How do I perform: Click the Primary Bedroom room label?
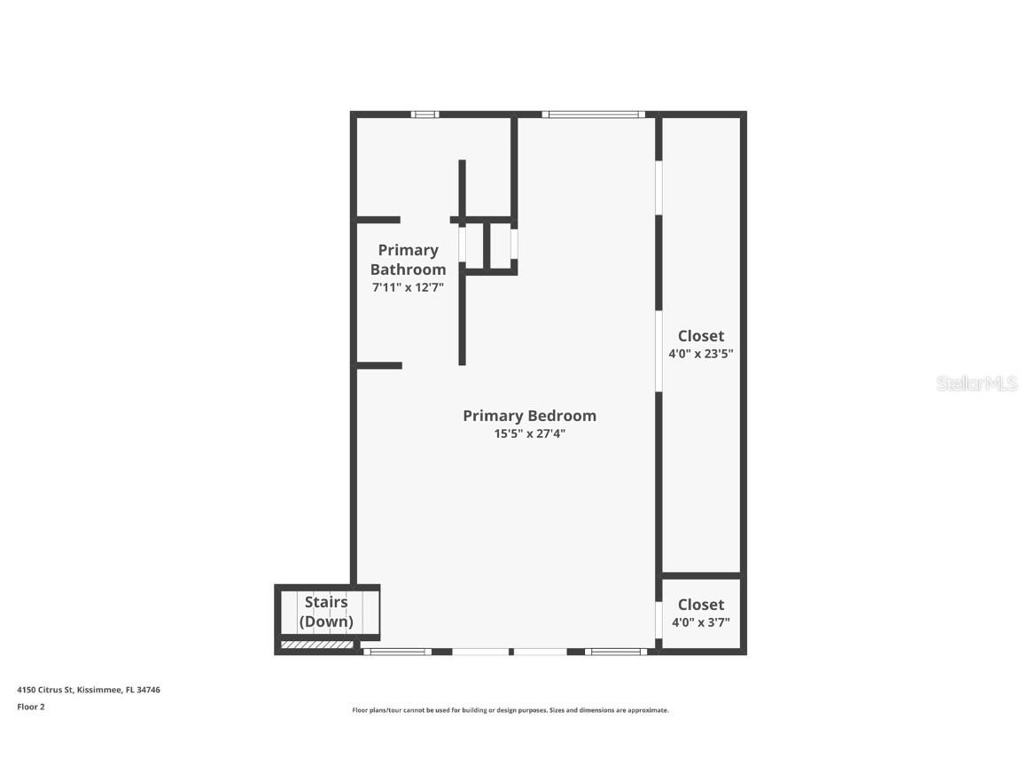[529, 416]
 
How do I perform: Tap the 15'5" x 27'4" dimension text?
[529, 434]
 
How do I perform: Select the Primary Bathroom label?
[408, 260]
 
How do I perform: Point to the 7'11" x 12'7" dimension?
[408, 287]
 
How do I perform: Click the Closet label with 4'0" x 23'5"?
[700, 336]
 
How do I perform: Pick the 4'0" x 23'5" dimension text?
[700, 353]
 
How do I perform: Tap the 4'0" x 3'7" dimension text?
[700, 621]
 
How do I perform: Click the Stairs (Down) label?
[326, 612]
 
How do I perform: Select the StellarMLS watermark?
[977, 383]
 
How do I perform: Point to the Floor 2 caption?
[30, 707]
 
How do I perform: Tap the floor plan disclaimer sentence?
[510, 710]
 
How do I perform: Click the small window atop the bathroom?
[425, 114]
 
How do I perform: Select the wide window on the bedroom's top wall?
[593, 114]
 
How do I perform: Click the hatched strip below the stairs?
[316, 645]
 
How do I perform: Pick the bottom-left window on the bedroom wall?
[396, 652]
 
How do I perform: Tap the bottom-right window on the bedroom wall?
[615, 652]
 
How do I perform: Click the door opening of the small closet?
[659, 620]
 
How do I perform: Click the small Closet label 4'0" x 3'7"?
[700, 605]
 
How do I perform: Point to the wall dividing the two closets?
[700, 575]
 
